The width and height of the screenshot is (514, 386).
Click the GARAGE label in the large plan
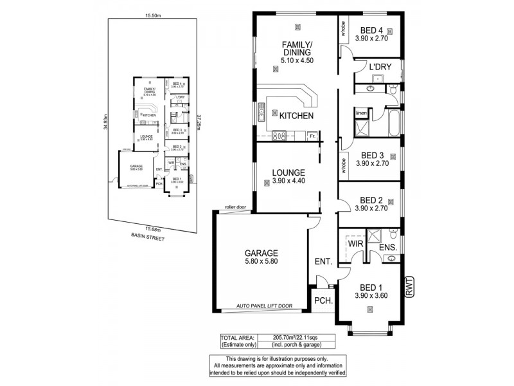point(260,253)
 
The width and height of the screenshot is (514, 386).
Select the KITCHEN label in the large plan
point(296,116)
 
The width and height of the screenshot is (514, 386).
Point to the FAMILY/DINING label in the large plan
point(296,49)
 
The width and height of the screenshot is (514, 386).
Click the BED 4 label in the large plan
point(372,30)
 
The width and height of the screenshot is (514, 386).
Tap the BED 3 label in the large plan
point(372,155)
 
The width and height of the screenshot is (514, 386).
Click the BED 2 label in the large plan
point(372,199)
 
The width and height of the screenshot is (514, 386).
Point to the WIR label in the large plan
point(356,244)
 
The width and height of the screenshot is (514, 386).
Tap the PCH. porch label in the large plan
point(322,300)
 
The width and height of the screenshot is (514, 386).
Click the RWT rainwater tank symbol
point(409,286)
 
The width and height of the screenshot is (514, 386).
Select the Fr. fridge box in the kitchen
point(312,136)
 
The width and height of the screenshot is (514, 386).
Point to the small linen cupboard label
point(361,114)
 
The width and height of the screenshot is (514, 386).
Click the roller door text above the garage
point(236,207)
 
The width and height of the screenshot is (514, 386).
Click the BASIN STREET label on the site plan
point(146,237)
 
